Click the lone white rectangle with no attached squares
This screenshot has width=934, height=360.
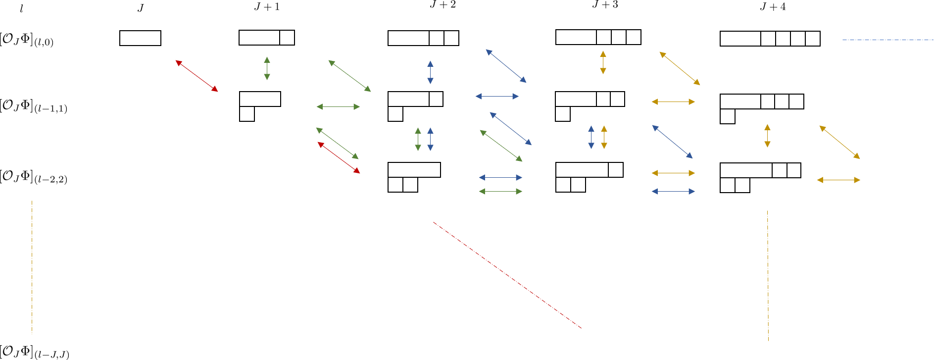140,38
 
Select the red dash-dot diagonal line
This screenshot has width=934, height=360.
507,275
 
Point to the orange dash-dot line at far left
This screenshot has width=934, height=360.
32,267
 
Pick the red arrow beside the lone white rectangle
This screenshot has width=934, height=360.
197,76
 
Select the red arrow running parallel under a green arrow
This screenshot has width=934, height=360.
339,157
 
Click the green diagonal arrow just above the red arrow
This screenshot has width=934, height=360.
337,143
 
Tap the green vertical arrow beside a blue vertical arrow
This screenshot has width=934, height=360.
418,139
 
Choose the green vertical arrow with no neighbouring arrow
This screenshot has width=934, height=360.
267,68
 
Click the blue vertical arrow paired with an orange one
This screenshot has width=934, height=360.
591,137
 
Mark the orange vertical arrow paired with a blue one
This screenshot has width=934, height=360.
604,137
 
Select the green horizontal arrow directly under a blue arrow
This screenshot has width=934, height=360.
500,191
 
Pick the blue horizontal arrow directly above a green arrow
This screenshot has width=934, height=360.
500,177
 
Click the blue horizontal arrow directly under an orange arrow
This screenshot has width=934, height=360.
673,191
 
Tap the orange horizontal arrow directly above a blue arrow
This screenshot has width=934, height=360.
673,173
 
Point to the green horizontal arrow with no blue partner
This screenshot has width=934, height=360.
338,106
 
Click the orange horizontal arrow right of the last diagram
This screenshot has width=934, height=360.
838,180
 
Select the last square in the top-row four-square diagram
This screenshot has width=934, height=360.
812,39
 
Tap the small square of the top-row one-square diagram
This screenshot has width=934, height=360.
287,38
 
